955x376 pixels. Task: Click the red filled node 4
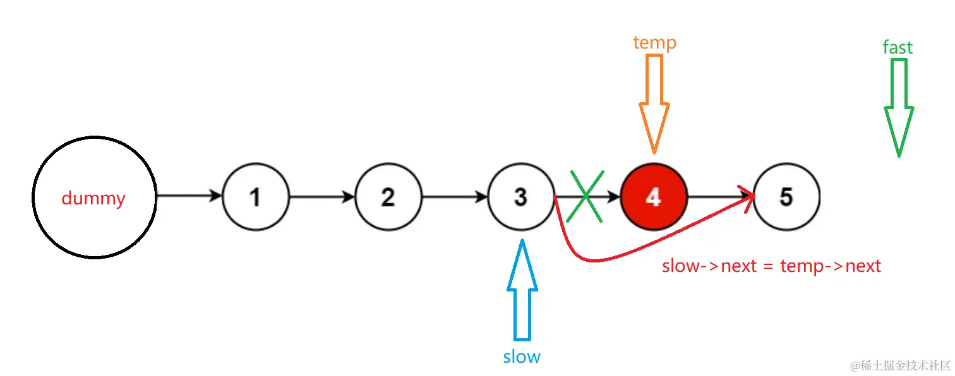[654, 197]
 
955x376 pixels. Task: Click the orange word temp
[654, 43]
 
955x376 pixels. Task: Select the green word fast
[898, 47]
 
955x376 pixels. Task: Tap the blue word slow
[522, 356]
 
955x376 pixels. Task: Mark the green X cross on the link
[586, 196]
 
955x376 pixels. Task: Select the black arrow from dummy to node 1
[189, 196]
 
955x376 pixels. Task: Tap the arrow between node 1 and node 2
[322, 197]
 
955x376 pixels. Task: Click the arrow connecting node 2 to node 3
[455, 197]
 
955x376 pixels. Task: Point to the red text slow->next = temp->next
[771, 266]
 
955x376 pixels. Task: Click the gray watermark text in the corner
[900, 365]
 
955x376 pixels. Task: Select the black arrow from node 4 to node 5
[721, 197]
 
